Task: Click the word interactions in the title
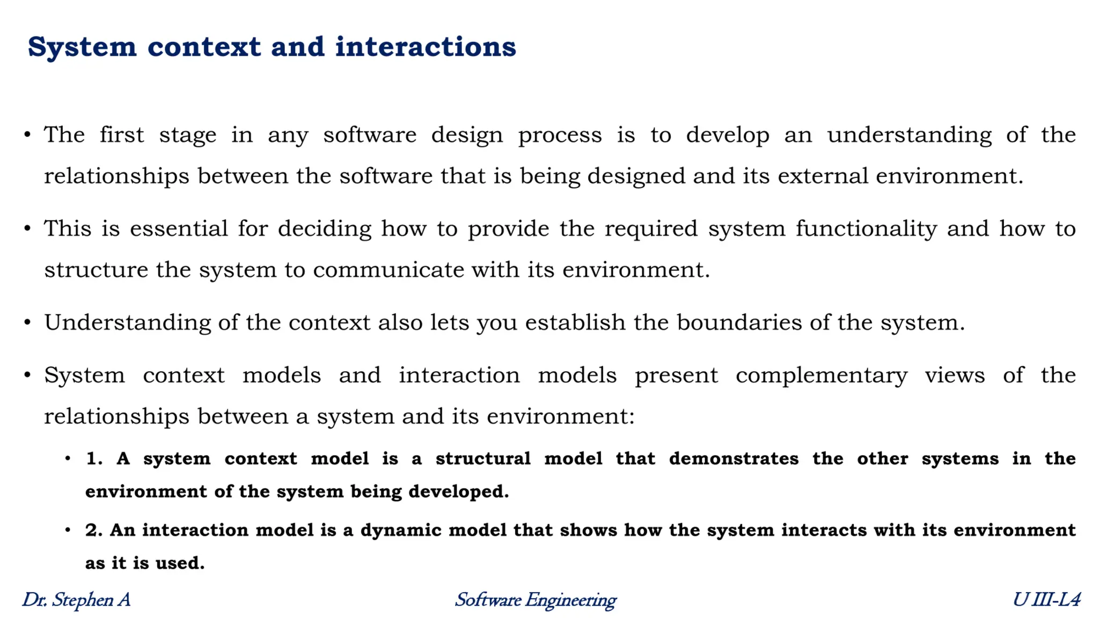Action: (x=426, y=47)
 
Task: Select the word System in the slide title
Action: (x=82, y=47)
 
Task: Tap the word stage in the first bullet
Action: (x=187, y=135)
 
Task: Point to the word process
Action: (x=560, y=135)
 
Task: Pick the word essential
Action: (x=179, y=229)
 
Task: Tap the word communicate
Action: (x=388, y=270)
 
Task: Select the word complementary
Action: (x=821, y=376)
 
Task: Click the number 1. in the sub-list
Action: (x=94, y=459)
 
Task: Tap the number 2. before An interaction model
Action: (x=94, y=531)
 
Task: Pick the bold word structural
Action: (x=483, y=459)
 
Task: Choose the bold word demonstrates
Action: (x=734, y=459)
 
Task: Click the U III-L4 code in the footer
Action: (x=1046, y=600)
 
